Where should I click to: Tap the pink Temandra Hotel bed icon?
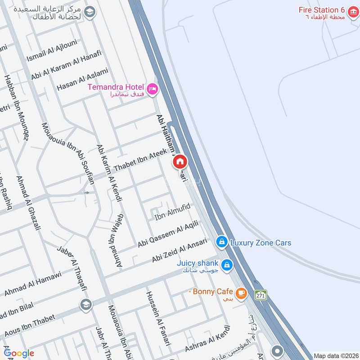(153, 89)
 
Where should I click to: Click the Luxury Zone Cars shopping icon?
(221, 242)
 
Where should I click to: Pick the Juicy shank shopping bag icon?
(227, 264)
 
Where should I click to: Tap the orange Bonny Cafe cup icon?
(241, 292)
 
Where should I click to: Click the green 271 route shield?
(261, 295)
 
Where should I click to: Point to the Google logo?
(19, 353)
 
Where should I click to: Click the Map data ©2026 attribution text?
(335, 355)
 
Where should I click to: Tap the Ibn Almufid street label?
(173, 212)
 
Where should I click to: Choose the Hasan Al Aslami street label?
(82, 80)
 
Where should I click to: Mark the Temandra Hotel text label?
(116, 86)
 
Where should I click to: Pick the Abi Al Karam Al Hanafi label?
(67, 65)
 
